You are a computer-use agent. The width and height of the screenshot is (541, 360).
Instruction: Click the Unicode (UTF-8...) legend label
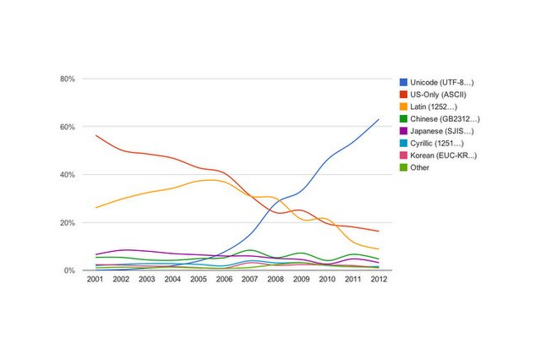coord(441,82)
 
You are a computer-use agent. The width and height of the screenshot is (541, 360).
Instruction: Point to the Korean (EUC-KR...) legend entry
coord(443,155)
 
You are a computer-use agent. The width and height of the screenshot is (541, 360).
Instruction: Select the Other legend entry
coord(419,167)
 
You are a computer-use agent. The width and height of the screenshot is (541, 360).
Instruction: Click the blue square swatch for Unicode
coord(403,82)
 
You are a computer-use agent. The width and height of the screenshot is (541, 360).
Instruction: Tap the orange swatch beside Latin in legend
coord(403,106)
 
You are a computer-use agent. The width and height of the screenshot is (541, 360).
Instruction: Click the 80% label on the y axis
coord(68,79)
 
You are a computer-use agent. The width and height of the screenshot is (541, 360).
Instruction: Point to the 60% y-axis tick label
coord(68,127)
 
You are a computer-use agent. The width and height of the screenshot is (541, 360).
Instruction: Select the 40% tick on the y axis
coord(68,175)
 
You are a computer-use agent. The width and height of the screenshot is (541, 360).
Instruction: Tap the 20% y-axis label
coord(68,223)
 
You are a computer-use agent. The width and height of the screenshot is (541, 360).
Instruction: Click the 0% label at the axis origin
coord(70,270)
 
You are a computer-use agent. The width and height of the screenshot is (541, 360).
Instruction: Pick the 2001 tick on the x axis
coord(96,280)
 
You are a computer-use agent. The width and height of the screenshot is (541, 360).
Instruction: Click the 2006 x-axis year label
coord(224,280)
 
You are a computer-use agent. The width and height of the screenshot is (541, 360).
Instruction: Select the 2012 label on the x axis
coord(378,280)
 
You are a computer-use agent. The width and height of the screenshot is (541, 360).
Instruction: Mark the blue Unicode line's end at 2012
coord(378,119)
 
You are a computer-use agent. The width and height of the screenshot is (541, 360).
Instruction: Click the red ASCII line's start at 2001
coord(96,135)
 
